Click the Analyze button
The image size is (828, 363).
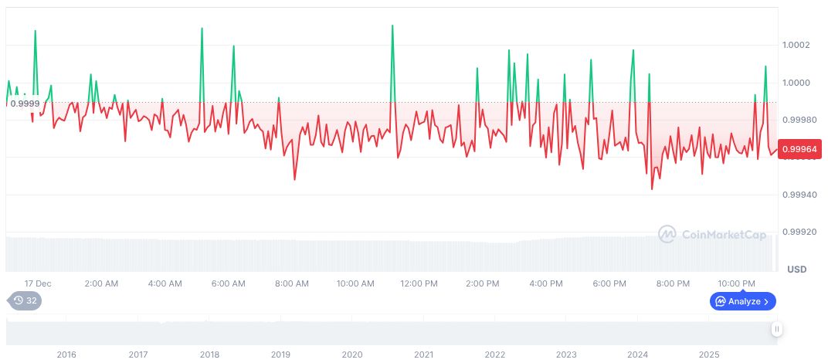pos(743,301)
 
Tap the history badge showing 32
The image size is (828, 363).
pos(25,300)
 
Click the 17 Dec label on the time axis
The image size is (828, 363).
pos(38,283)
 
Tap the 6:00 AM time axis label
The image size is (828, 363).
pos(228,283)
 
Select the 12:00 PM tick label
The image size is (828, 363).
pos(419,283)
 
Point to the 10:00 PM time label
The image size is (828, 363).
pos(736,283)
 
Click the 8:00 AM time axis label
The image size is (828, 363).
pos(291,283)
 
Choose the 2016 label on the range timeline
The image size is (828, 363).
pos(66,355)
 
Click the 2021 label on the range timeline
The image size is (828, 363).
pos(423,355)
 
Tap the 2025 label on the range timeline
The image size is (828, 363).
pos(709,355)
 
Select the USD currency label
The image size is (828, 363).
pos(796,270)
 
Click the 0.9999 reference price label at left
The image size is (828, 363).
pos(25,103)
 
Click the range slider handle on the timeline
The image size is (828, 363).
pos(777,329)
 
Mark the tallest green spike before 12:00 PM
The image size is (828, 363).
pos(392,26)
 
